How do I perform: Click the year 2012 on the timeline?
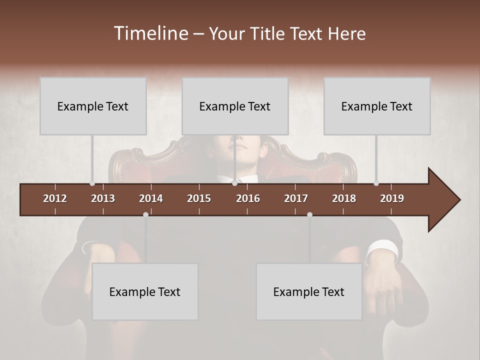point(55,198)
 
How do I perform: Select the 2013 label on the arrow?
point(103,198)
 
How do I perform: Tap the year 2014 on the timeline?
point(151,198)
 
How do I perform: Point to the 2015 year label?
point(199,198)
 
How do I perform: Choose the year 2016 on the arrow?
point(248,198)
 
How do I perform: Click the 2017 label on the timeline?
point(296,198)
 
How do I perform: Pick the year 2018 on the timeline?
point(344,198)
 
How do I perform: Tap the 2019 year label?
point(392,198)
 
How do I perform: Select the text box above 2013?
point(93,106)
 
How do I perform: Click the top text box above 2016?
point(235,106)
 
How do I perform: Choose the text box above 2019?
point(377,106)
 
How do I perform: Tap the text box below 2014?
point(145,291)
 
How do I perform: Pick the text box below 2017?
point(309,291)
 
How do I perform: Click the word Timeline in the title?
point(150,33)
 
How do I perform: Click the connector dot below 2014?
point(145,214)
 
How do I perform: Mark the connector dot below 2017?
point(309,214)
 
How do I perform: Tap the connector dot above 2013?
point(92,183)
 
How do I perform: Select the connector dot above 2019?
point(376,183)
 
